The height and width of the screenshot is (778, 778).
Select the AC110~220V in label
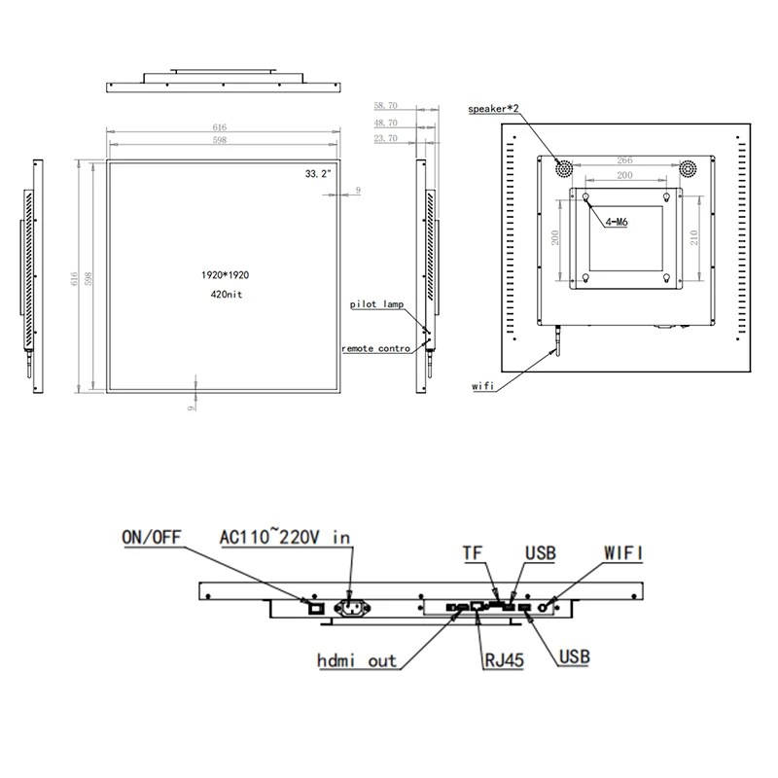(284, 537)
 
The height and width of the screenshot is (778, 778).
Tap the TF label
(472, 552)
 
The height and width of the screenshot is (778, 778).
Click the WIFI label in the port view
(624, 552)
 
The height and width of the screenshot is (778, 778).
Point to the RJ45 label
(504, 660)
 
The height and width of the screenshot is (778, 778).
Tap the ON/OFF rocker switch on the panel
(314, 607)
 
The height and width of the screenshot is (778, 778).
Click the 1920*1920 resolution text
(220, 276)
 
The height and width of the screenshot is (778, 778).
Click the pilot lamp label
(376, 304)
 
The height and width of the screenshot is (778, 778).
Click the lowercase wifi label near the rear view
(483, 386)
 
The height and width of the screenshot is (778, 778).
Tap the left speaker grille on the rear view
(563, 168)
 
